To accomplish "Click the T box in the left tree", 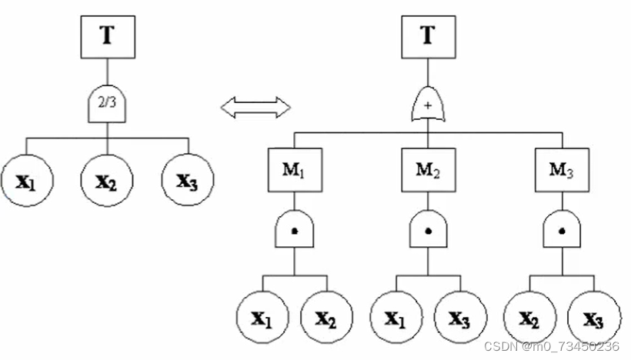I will tap(107, 36).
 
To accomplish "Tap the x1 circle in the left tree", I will tap(26, 182).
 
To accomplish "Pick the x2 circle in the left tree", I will tap(107, 182).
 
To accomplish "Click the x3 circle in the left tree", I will tap(188, 182).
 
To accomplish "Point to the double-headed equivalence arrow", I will tap(255, 107).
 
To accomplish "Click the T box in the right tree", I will tap(428, 36).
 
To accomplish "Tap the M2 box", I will tap(428, 169).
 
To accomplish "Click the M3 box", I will tap(561, 169).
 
